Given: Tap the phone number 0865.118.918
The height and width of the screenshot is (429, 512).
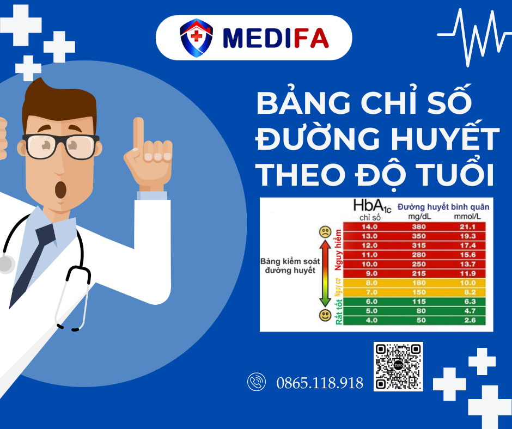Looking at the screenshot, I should coord(320,383).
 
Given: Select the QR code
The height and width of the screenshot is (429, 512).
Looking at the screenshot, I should coord(398,366).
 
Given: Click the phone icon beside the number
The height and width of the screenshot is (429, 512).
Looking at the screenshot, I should coord(257,382).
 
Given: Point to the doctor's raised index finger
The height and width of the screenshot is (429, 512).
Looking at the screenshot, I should coord(138,133).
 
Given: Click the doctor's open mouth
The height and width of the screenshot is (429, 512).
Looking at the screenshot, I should coord(60,189).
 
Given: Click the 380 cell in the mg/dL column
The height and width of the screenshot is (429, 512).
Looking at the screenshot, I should coord(419,226).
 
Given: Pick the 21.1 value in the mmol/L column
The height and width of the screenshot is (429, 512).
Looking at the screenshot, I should coord(467,226).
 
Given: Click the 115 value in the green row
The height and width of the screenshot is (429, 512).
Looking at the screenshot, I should coord(419,301).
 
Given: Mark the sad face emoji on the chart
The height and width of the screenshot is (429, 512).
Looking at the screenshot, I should coord(325,232).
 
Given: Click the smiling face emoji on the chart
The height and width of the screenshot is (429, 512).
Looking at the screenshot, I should coord(325,315).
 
